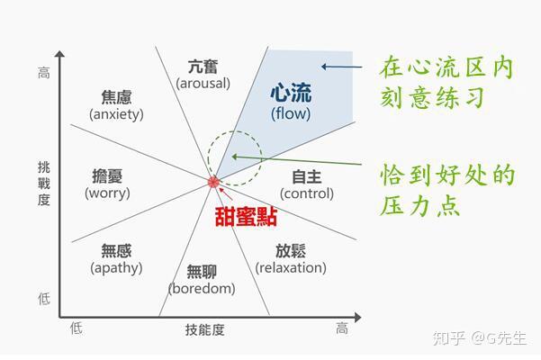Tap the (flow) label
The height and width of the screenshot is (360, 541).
pos(290,113)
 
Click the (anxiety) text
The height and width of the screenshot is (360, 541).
pos(117,114)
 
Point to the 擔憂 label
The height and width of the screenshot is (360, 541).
pos(107,175)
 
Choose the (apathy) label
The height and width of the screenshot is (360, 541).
pos(116,267)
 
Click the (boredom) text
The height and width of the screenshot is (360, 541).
pos(202,288)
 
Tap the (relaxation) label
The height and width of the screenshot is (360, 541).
pos(291,267)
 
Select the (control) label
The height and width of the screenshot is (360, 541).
pos(307,193)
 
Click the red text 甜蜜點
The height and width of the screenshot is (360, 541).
pos(245,217)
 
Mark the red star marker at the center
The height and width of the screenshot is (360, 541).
pos(213,182)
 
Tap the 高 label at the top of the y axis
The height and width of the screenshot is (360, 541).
pos(44,72)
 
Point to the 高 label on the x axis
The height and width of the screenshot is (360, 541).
pos(342,329)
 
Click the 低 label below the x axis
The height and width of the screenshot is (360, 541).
pos(76,329)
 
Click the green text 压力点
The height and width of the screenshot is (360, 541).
pos(420,205)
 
